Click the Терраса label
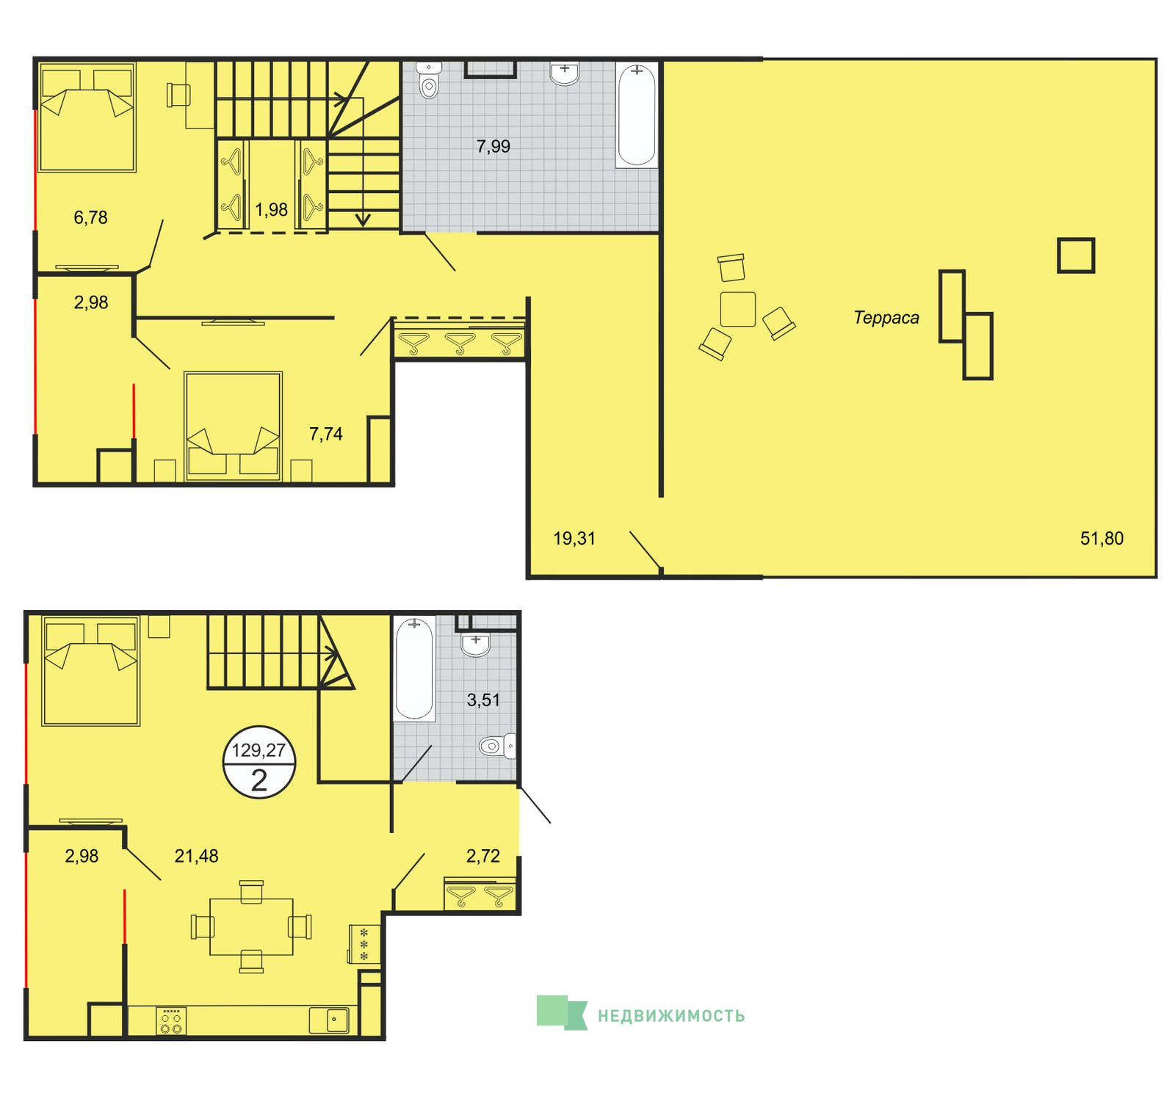pyautogui.click(x=886, y=318)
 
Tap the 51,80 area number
pyautogui.click(x=1102, y=538)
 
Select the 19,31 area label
pyautogui.click(x=574, y=538)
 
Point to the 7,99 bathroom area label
pyautogui.click(x=493, y=146)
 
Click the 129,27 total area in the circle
pyautogui.click(x=258, y=750)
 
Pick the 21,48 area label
pyautogui.click(x=196, y=856)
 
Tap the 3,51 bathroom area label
pyautogui.click(x=483, y=700)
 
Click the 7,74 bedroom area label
pyautogui.click(x=326, y=434)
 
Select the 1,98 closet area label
pyautogui.click(x=271, y=210)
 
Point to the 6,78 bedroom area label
pyautogui.click(x=90, y=217)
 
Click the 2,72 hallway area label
pyautogui.click(x=483, y=856)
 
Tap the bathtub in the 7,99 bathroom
pyautogui.click(x=637, y=115)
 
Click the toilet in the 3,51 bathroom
pyautogui.click(x=497, y=747)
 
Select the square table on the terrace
pyautogui.click(x=738, y=309)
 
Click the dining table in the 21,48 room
pyautogui.click(x=251, y=926)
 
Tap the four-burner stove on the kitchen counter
pyautogui.click(x=171, y=1021)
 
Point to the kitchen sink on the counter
pyautogui.click(x=329, y=1020)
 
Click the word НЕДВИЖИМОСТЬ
pyautogui.click(x=671, y=1016)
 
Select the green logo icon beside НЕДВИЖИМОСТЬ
pyautogui.click(x=563, y=1013)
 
